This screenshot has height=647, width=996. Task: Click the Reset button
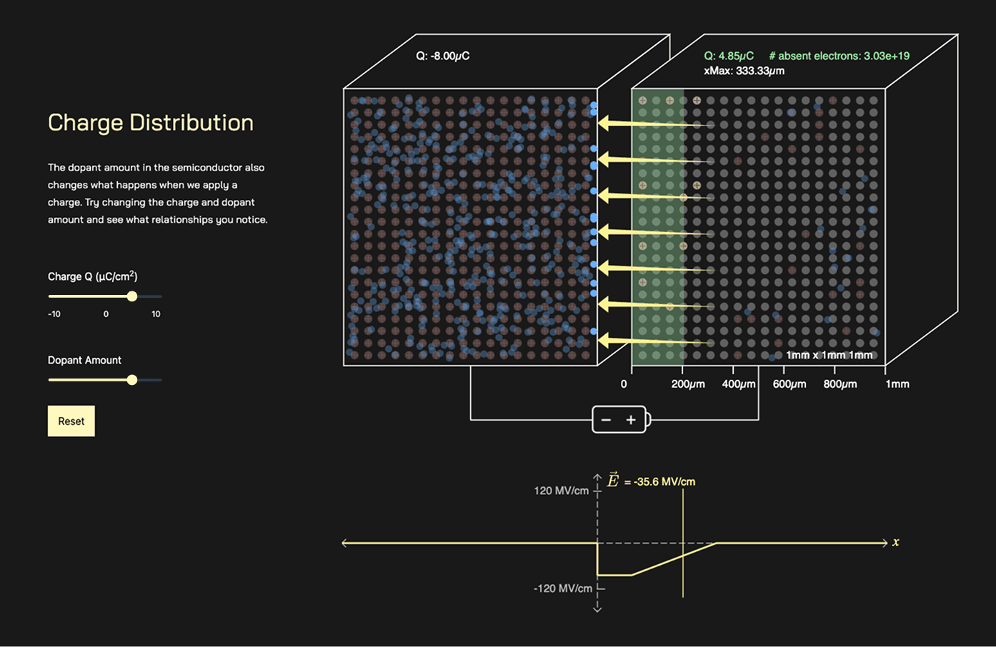point(71,421)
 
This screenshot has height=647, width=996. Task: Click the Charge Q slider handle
point(132,296)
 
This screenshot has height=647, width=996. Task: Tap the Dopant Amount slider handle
point(132,380)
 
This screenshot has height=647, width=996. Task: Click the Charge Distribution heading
point(151,123)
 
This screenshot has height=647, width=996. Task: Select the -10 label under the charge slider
point(54,314)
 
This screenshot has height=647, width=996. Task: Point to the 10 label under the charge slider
point(156,314)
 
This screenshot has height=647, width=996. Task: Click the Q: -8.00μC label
point(443,56)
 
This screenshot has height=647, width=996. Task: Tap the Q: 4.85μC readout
point(729,56)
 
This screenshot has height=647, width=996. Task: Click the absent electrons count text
point(840,56)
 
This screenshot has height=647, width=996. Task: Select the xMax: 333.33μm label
point(744,71)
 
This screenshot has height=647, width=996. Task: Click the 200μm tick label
point(688,384)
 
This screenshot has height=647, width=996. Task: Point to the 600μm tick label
point(790,384)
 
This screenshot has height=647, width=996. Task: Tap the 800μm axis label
point(840,384)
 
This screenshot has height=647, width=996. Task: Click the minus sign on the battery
point(606,420)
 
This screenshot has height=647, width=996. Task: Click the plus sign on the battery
point(631,420)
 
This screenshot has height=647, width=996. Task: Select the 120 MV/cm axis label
point(561,491)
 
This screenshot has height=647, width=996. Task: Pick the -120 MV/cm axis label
point(563,588)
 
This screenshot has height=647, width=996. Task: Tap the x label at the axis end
point(895,542)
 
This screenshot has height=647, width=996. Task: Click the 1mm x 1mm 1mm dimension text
point(830,355)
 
